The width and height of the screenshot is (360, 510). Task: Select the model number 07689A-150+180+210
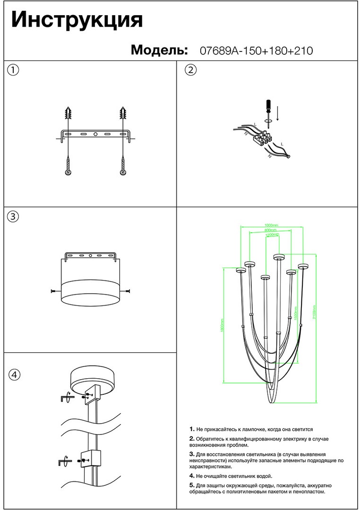point(257,51)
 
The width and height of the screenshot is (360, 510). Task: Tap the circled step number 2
point(190,70)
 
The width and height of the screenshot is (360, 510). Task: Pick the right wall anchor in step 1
point(124,114)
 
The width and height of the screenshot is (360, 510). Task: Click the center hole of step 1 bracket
point(95,135)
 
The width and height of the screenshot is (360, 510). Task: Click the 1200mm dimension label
point(273,235)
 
